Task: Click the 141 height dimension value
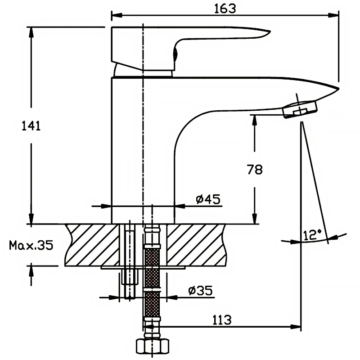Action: [x=31, y=126]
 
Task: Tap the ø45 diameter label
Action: [x=208, y=199]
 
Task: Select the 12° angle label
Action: [x=312, y=234]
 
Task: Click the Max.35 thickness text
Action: [x=31, y=245]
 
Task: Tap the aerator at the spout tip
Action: [x=300, y=109]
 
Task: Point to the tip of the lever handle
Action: [x=266, y=32]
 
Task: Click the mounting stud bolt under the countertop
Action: [x=129, y=270]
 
